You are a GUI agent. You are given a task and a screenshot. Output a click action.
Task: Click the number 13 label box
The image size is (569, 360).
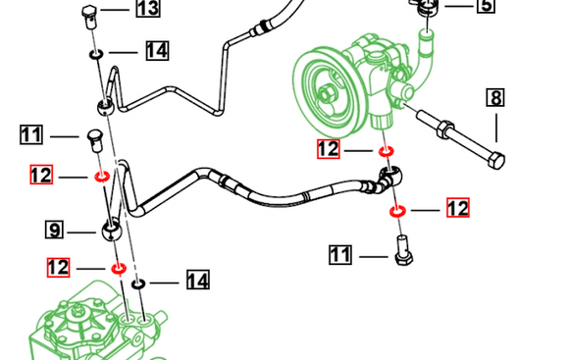(148, 8)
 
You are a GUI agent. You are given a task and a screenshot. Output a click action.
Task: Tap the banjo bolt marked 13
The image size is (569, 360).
(89, 17)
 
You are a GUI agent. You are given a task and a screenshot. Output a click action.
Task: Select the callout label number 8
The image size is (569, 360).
(495, 98)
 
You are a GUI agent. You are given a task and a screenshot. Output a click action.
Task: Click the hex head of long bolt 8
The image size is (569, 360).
(496, 161)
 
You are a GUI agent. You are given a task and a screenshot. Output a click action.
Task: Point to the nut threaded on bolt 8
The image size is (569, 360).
(445, 129)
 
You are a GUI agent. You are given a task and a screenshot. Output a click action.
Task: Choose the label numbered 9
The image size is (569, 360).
(54, 230)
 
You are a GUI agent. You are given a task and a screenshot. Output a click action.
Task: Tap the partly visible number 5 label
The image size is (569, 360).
(487, 6)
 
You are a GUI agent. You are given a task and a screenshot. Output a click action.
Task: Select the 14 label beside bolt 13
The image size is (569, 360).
(158, 50)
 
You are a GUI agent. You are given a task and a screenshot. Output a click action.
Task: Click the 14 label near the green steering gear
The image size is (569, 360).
(198, 281)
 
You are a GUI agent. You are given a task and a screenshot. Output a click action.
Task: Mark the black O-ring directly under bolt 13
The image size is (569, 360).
(96, 54)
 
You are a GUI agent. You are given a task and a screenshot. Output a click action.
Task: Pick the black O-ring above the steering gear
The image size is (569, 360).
(138, 283)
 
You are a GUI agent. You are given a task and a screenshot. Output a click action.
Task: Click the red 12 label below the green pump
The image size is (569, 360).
(329, 149)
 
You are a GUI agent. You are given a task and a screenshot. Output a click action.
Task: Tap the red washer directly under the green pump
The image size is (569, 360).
(387, 151)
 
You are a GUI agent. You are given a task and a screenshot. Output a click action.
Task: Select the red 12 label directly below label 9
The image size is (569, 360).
(58, 268)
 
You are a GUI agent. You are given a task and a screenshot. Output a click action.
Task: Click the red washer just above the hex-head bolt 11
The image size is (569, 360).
(397, 211)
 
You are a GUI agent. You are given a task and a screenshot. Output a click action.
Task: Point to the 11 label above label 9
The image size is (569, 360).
(31, 134)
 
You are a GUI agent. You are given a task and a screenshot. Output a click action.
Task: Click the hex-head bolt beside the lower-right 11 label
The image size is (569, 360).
(403, 251)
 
